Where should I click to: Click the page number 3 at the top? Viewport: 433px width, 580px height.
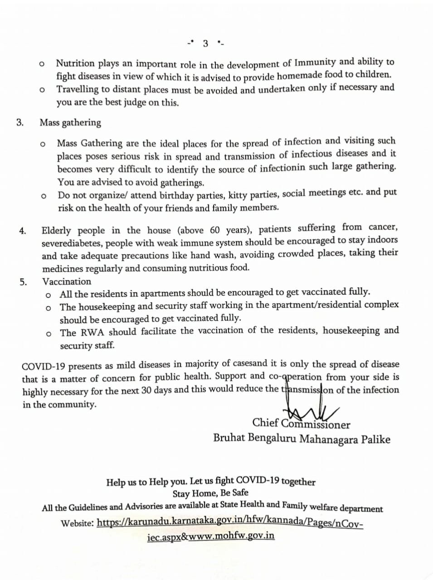(205, 43)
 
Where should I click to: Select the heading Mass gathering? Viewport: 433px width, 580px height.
(70, 122)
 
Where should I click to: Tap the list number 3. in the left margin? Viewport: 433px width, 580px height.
(20, 122)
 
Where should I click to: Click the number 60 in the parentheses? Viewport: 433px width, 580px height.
(215, 229)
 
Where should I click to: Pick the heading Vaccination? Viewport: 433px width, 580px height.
(67, 281)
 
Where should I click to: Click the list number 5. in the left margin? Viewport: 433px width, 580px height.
(23, 282)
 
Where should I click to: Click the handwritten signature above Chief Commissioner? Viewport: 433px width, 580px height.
(308, 409)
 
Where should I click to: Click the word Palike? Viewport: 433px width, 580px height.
(375, 439)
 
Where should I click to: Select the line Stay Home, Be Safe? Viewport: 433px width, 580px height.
(210, 493)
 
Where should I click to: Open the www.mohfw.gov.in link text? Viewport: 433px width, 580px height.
(231, 536)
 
